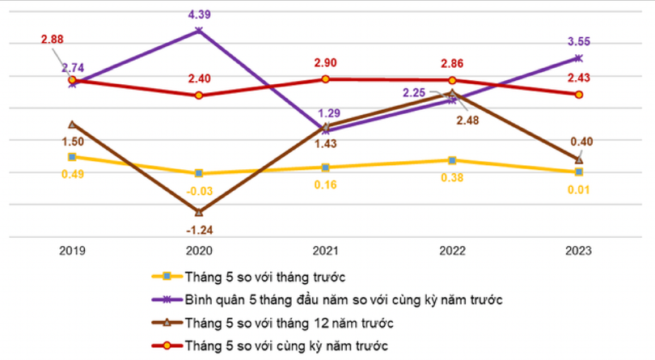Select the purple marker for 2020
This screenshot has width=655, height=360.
pos(199,31)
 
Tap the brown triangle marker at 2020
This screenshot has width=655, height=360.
pos(199,212)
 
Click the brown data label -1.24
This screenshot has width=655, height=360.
pos(199,230)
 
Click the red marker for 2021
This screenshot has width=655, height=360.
pos(326,78)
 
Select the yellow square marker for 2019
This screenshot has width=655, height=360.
pos(72,157)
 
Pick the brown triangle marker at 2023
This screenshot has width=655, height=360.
pos(579,159)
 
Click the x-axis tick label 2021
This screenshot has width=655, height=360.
pos(326,252)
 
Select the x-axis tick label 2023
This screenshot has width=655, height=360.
pos(579,252)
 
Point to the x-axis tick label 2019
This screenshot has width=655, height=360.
pos(72,252)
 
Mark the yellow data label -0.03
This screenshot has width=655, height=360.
pos(199,190)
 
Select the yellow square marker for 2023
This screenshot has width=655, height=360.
pos(579,172)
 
